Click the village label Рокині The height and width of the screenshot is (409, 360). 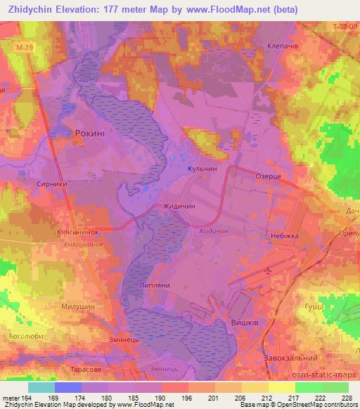point(89,132)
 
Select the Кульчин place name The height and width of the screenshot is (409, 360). point(200,169)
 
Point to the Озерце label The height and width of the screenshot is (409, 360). point(269,179)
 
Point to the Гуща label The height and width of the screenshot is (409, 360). point(315,307)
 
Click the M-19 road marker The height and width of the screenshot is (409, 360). point(23,48)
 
